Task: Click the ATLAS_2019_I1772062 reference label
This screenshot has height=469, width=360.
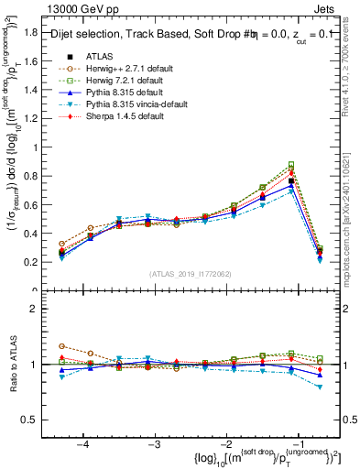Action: (190, 274)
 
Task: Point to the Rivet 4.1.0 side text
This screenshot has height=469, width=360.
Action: (352, 64)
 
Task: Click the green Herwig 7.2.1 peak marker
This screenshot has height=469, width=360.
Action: (291, 165)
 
